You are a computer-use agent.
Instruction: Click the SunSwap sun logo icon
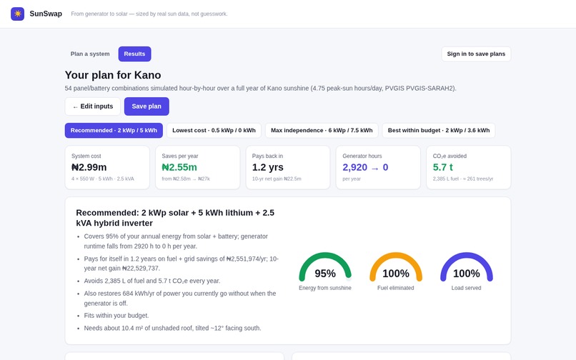click(17, 14)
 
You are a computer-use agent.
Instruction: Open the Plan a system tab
click(90, 54)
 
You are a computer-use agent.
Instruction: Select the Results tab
click(134, 54)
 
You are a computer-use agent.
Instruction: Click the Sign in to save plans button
click(476, 54)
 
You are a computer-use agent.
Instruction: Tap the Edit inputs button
click(93, 106)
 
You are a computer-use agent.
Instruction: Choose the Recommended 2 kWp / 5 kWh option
click(114, 131)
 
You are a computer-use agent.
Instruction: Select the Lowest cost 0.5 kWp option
click(214, 131)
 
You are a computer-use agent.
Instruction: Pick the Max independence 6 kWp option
click(322, 131)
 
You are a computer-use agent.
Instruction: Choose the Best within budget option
click(439, 131)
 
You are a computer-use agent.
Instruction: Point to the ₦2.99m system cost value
click(89, 168)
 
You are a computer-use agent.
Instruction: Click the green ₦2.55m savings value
click(179, 168)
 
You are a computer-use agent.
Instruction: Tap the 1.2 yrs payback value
click(268, 168)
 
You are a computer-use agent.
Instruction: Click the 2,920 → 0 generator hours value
click(365, 168)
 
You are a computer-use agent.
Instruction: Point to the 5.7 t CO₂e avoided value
click(442, 168)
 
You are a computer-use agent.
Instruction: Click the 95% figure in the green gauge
click(325, 274)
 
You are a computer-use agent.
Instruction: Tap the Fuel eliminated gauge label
click(396, 288)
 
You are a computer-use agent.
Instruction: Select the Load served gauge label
click(466, 288)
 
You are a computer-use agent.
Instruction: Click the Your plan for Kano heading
click(113, 75)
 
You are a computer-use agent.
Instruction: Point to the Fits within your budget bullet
click(116, 316)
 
